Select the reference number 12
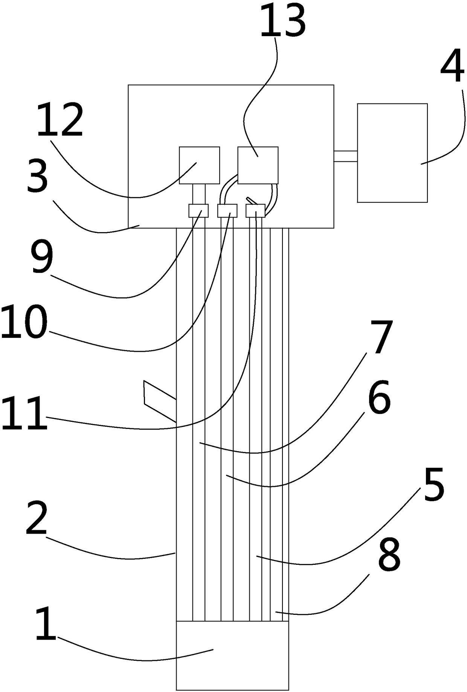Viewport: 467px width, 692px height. (x=60, y=121)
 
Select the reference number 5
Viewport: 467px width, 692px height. (x=434, y=484)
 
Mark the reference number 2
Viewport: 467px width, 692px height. (x=37, y=519)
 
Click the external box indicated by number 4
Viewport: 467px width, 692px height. (x=392, y=153)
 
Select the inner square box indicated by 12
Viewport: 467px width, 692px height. (x=199, y=165)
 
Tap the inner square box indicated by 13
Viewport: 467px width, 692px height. (x=258, y=165)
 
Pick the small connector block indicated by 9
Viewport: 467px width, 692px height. (x=198, y=211)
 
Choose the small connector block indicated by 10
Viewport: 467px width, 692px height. (x=227, y=211)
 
